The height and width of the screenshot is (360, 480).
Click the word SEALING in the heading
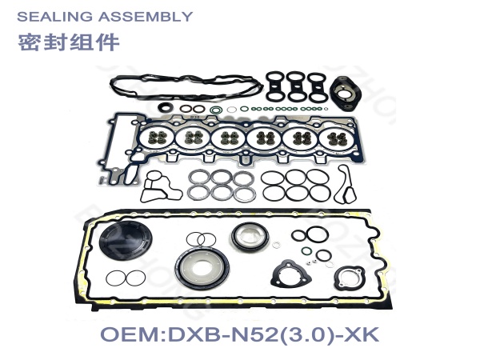click(x=54, y=17)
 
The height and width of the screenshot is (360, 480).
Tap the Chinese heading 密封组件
click(x=69, y=42)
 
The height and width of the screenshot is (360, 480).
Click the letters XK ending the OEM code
click(x=362, y=334)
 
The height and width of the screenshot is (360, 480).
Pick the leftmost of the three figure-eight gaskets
click(x=275, y=86)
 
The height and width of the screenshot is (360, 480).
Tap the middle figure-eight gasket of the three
click(x=296, y=86)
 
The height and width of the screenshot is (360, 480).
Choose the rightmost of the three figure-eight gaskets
click(x=316, y=87)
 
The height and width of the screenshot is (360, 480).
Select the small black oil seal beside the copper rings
click(x=166, y=107)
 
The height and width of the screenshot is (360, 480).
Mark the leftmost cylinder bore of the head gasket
click(x=157, y=138)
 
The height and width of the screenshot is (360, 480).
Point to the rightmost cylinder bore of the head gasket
click(x=337, y=138)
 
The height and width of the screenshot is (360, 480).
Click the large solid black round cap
click(x=126, y=240)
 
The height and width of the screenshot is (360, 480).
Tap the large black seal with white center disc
click(x=202, y=269)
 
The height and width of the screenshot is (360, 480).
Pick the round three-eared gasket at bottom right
click(x=350, y=278)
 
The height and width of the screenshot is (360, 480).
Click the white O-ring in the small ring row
click(x=232, y=110)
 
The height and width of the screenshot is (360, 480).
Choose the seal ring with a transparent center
click(x=250, y=236)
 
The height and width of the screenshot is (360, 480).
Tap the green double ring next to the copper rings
click(x=216, y=110)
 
